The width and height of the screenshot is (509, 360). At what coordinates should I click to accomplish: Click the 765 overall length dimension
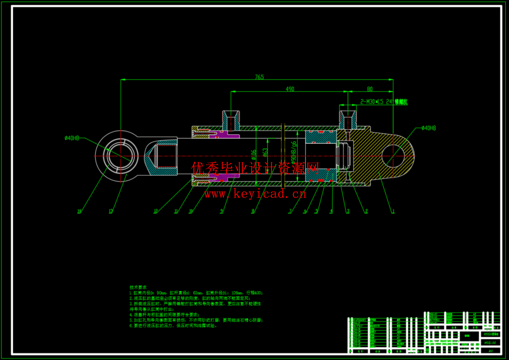coord(259,77)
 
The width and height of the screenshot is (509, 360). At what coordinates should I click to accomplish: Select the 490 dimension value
coord(290,89)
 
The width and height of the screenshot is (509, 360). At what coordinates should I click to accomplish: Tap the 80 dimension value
coord(370,89)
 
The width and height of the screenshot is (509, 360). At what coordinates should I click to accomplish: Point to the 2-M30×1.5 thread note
coord(383,102)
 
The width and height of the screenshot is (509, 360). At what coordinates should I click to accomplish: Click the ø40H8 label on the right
coord(429,128)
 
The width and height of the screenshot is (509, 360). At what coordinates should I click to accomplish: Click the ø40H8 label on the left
coord(72,138)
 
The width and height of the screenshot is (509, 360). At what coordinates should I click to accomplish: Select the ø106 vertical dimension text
coord(254,155)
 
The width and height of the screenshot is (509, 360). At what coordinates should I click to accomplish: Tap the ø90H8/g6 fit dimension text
coord(294,151)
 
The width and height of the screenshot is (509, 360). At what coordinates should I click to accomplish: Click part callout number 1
coord(393,211)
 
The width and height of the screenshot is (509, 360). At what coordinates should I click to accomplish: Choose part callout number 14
coord(79,211)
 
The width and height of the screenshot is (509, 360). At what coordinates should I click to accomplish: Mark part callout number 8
coord(253,211)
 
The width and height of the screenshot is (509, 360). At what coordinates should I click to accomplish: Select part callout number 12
coord(156,211)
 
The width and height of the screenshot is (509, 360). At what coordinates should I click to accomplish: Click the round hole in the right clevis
coord(393,156)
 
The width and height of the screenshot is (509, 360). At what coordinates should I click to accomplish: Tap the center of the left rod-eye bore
coord(120,156)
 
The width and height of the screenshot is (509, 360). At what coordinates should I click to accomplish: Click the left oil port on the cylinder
coord(231,120)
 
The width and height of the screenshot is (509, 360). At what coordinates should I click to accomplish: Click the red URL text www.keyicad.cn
coord(255,194)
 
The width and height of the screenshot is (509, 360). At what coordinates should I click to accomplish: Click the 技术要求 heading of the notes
coord(138,287)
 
